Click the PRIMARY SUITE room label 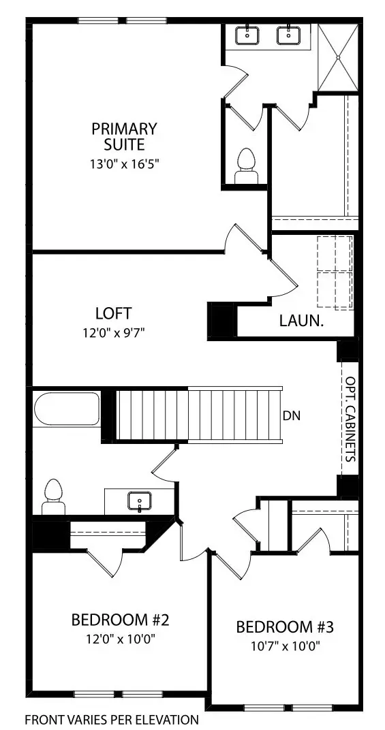(x=125, y=136)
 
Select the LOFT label (x=113, y=314)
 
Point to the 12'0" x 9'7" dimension (x=113, y=333)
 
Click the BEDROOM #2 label (x=120, y=620)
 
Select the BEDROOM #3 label (x=284, y=626)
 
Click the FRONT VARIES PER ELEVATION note (x=112, y=719)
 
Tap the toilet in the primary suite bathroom (x=246, y=167)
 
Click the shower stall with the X (x=339, y=57)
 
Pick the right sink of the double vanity (x=287, y=35)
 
